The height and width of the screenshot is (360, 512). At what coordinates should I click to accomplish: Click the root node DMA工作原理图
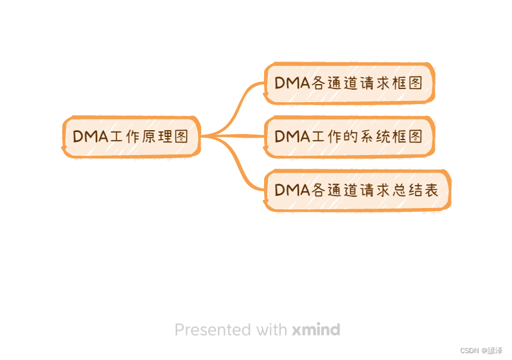pyautogui.click(x=131, y=136)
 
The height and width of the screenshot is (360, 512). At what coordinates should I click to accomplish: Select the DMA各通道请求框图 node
pyautogui.click(x=348, y=83)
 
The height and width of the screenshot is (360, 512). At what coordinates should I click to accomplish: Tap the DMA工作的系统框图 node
pyautogui.click(x=348, y=136)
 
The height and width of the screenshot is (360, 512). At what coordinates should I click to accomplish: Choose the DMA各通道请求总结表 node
pyautogui.click(x=356, y=190)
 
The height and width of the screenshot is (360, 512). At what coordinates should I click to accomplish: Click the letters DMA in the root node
pyautogui.click(x=91, y=136)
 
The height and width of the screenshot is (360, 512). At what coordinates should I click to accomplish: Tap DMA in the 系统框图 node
pyautogui.click(x=292, y=136)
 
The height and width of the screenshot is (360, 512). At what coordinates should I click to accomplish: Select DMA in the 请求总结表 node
pyautogui.click(x=292, y=190)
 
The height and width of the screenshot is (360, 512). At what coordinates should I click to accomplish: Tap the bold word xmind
pyautogui.click(x=315, y=329)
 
